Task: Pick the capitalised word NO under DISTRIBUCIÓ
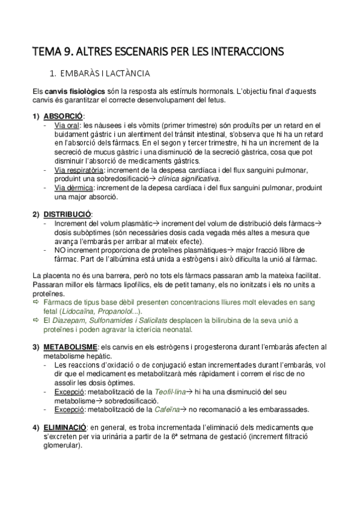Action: tap(59, 250)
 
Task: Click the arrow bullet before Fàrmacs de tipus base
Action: tap(35, 303)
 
